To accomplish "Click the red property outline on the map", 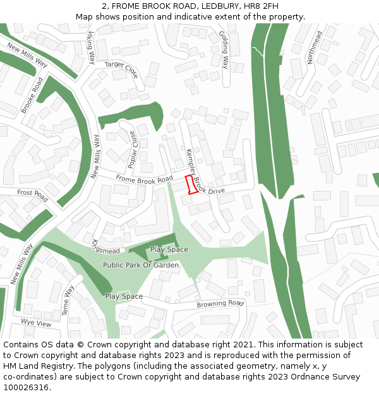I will tap(191, 186).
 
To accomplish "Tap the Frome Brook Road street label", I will tap(144, 180).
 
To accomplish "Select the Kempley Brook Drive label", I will tap(202, 177).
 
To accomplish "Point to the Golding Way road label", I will tap(224, 49).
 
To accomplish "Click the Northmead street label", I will tap(314, 47).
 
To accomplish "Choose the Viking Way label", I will tap(92, 48).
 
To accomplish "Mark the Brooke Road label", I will tap(32, 95).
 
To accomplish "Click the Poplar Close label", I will tap(132, 149).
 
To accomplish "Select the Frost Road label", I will tap(32, 192).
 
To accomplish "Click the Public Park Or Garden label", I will tap(141, 265).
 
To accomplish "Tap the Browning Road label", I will tap(220, 304).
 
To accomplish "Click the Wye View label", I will tap(36, 323).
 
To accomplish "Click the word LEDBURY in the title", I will tap(218, 6).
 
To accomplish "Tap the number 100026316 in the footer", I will tap(26, 387).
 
